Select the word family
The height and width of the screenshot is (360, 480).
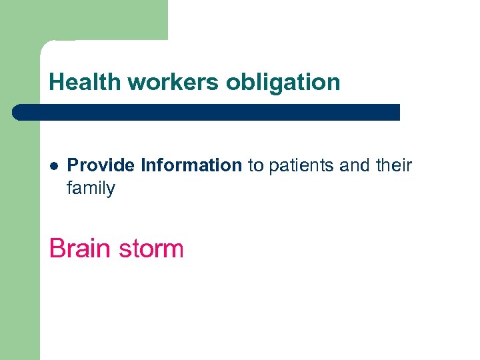[x=91, y=189]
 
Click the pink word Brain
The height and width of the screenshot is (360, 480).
[x=79, y=249]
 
